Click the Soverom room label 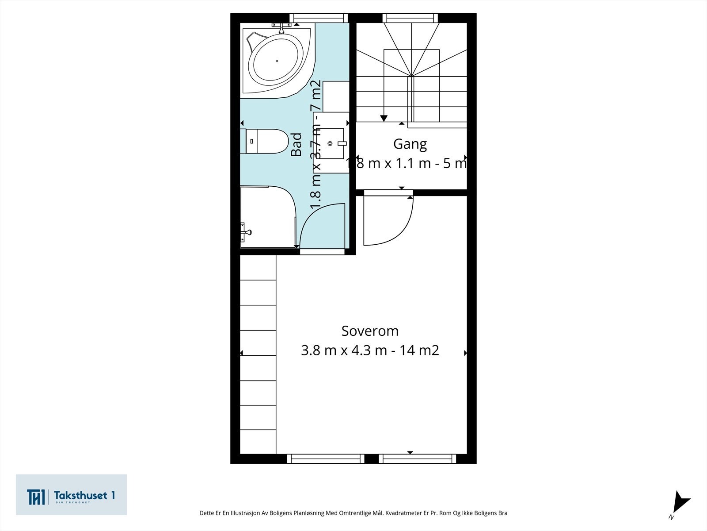[x=370, y=331]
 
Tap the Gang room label [x=410, y=144]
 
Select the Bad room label [x=296, y=145]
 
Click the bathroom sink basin [x=332, y=143]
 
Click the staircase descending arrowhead [x=384, y=118]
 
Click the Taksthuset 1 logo [x=71, y=495]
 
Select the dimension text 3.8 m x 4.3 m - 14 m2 [x=370, y=350]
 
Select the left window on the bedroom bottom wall [x=326, y=459]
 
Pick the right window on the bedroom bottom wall [x=417, y=459]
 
